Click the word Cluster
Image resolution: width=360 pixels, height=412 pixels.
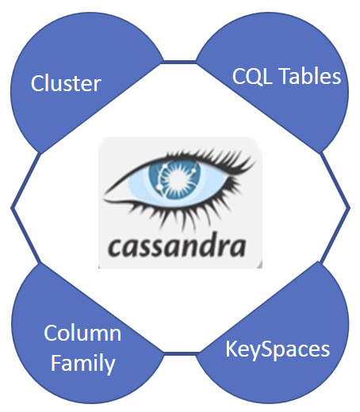pyautogui.click(x=66, y=83)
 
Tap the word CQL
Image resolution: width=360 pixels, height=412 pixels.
pyautogui.click(x=252, y=76)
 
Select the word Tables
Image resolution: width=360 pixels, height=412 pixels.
pyautogui.click(x=310, y=76)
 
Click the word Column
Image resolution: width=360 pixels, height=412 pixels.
pyautogui.click(x=82, y=333)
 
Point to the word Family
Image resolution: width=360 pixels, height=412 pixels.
pyautogui.click(x=82, y=364)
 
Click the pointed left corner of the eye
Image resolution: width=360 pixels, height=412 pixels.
pyautogui.click(x=104, y=196)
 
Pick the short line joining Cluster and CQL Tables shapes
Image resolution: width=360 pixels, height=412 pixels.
pyautogui.click(x=180, y=62)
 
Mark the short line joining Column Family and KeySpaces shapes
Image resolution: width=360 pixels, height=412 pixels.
pyautogui.click(x=180, y=353)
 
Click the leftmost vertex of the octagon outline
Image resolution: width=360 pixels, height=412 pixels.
pyautogui.click(x=12, y=208)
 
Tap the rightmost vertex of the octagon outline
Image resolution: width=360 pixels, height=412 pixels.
pyautogui.click(x=349, y=208)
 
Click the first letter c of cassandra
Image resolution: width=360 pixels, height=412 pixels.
pyautogui.click(x=114, y=248)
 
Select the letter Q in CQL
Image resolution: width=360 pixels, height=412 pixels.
pyautogui.click(x=253, y=77)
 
